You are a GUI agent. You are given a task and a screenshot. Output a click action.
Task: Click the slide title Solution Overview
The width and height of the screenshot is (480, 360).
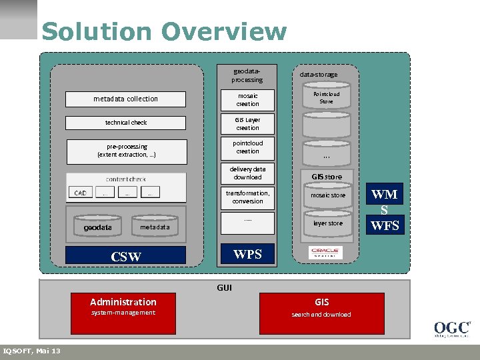click(x=163, y=31)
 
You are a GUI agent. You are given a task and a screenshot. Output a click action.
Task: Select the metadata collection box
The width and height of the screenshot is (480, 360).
click(x=125, y=99)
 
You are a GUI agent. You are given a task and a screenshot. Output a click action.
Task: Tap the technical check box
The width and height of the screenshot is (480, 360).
click(x=125, y=123)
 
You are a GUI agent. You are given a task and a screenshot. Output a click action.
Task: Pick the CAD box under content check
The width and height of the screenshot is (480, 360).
click(x=80, y=193)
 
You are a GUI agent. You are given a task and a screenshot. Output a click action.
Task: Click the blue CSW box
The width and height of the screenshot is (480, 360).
click(x=125, y=256)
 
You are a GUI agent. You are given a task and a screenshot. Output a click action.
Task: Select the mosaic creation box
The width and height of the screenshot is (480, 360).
click(x=247, y=100)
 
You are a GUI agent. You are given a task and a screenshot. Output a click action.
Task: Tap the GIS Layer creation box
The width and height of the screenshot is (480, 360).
click(x=247, y=124)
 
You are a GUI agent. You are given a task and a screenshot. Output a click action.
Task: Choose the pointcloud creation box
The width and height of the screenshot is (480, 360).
click(x=247, y=147)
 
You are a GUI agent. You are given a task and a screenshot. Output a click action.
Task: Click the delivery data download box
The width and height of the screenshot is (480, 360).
click(x=247, y=173)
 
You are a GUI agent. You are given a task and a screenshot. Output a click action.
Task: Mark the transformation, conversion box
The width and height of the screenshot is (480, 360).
click(x=247, y=197)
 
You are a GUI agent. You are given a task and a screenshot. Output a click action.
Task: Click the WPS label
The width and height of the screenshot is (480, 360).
click(x=247, y=253)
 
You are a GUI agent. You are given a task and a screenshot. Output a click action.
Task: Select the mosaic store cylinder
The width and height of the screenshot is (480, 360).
click(x=328, y=196)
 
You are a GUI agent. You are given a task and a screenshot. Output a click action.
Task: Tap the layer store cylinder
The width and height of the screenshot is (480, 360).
click(x=328, y=223)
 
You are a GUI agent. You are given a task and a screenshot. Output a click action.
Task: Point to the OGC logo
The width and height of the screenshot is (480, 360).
click(x=452, y=329)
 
